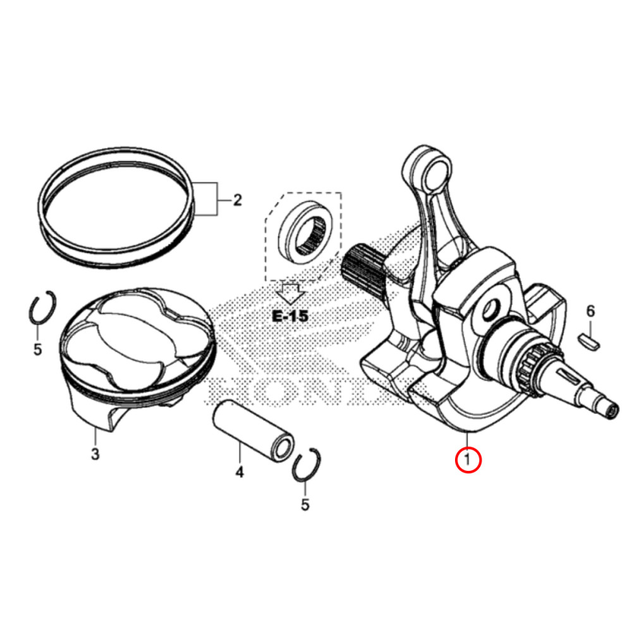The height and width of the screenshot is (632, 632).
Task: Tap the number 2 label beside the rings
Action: click(x=237, y=201)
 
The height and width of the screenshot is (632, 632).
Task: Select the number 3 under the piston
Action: click(x=95, y=454)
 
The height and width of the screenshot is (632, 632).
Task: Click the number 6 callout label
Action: click(x=590, y=311)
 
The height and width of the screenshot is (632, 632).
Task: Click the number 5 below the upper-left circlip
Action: click(x=37, y=349)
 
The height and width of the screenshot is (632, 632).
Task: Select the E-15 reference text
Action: click(x=290, y=315)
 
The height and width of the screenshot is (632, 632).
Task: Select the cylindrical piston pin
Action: click(x=251, y=427)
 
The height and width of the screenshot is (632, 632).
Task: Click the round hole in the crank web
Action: click(x=490, y=309)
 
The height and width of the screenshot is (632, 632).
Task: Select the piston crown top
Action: click(x=136, y=335)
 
